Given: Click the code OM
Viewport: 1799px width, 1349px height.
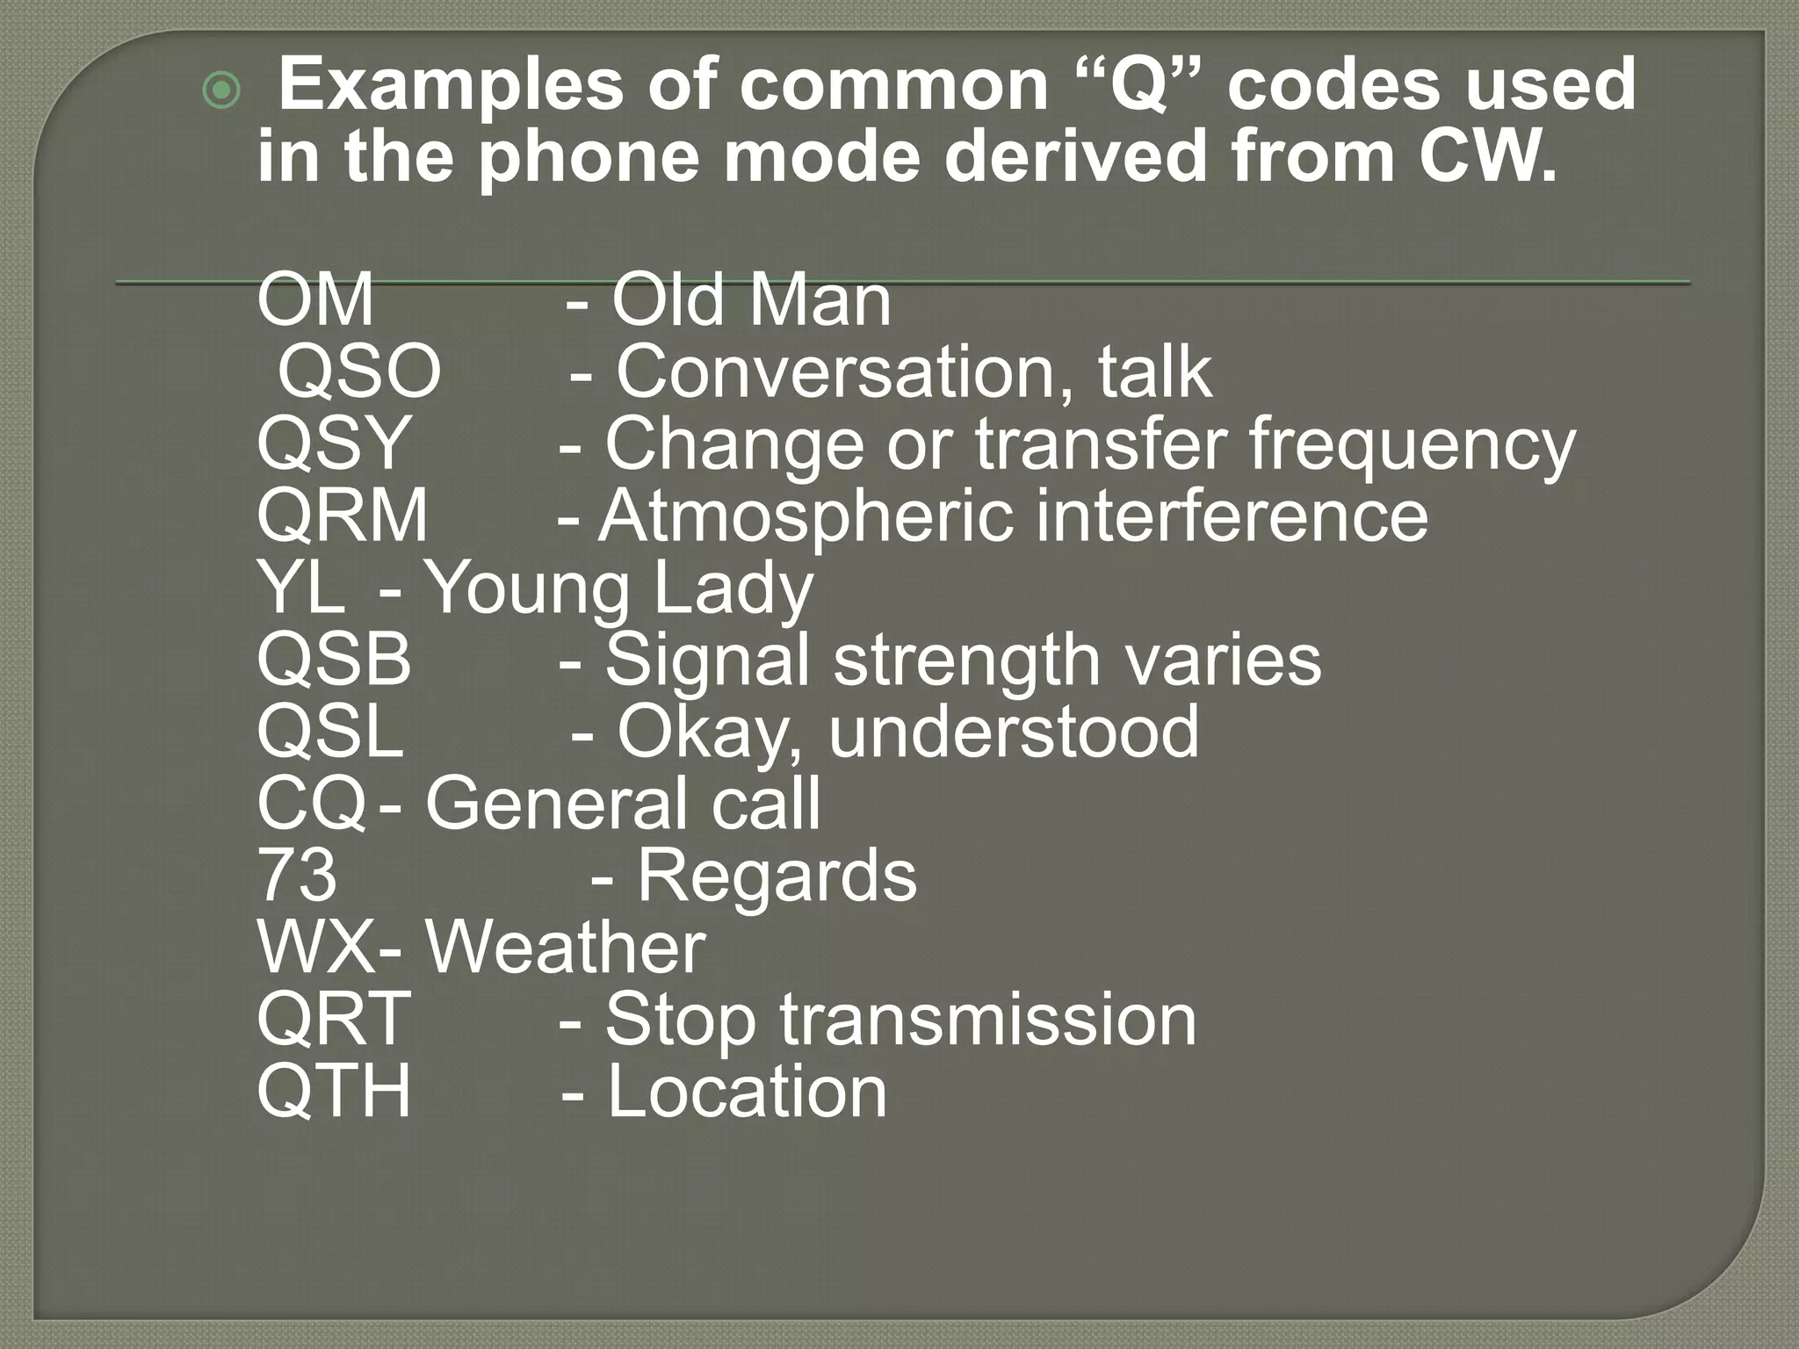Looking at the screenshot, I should (315, 299).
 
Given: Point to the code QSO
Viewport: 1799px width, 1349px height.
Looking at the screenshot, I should (359, 372).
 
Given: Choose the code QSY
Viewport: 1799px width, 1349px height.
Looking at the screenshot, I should (334, 444).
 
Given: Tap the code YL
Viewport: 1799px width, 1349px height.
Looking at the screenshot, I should (300, 588).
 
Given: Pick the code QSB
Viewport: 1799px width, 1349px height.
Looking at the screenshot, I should (334, 660).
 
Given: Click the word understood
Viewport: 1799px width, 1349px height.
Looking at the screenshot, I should (1014, 732).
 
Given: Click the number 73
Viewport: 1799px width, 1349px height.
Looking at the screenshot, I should (297, 876).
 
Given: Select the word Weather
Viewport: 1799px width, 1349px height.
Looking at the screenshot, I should (566, 948).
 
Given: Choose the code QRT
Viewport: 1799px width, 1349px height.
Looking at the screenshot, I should (334, 1020).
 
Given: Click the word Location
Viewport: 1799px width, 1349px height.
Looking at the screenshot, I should (747, 1092).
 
